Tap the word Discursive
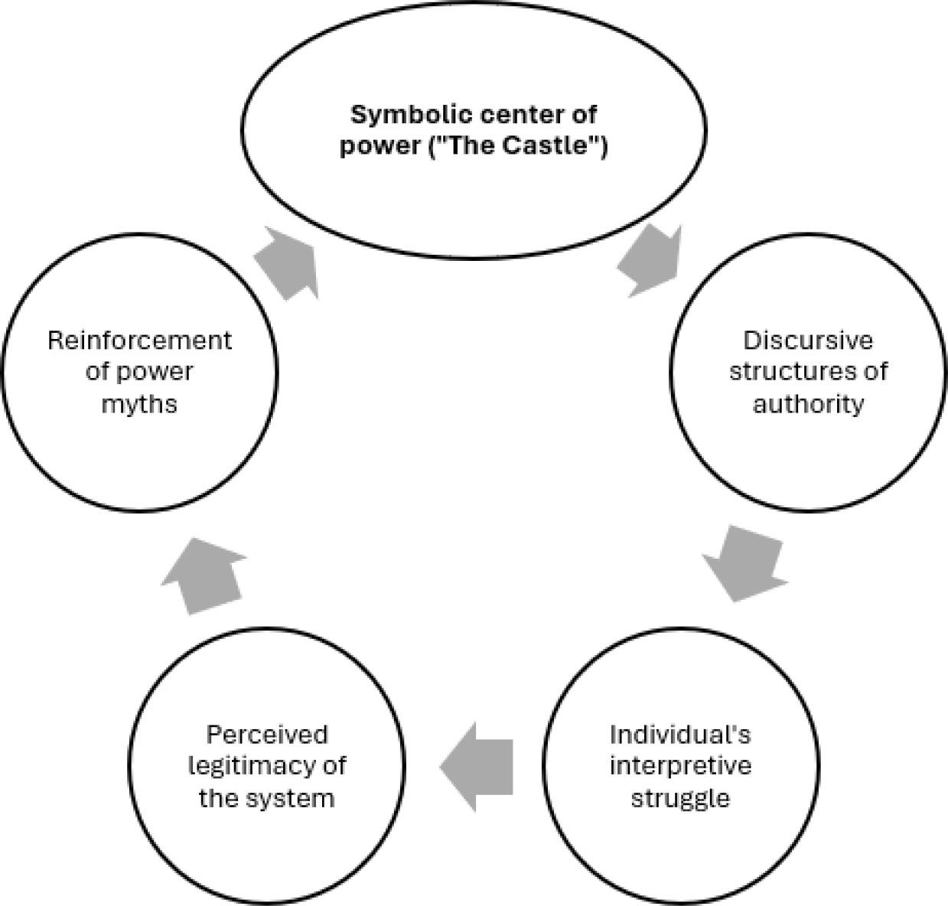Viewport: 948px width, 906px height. click(x=807, y=340)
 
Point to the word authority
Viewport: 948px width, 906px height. click(x=807, y=403)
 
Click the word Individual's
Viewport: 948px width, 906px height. click(x=679, y=735)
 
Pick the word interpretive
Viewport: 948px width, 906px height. click(x=679, y=766)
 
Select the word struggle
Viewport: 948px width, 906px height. click(x=679, y=798)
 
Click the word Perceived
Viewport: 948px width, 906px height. click(x=266, y=735)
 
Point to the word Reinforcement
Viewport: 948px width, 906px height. click(x=139, y=340)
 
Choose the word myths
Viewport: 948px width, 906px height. click(x=139, y=403)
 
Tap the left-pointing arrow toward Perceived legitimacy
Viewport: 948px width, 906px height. click(x=477, y=766)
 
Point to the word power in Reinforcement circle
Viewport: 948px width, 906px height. click(x=155, y=372)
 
